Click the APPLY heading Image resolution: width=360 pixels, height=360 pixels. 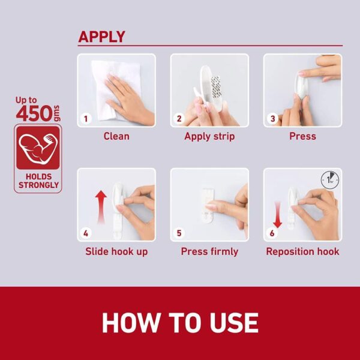point(102,37)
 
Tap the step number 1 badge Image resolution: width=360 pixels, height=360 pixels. point(86,119)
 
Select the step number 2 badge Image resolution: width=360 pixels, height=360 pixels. point(179,119)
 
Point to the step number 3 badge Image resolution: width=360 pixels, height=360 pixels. point(272,119)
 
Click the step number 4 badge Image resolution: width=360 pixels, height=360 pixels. point(86,233)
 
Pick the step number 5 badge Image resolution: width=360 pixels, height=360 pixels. point(179,233)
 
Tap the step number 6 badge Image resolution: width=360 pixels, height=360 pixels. point(272,233)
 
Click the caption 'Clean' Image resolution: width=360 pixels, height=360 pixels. point(116,136)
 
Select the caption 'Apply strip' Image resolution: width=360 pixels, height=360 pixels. point(209,137)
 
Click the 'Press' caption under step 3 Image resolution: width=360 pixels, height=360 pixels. point(302,136)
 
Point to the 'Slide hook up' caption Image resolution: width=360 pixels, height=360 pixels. point(116,251)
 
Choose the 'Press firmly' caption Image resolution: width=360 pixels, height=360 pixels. point(209,251)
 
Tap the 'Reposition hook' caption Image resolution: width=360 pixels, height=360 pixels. point(302,251)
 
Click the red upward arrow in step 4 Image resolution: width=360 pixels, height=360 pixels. point(101,207)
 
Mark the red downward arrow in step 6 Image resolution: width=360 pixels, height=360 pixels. point(278,215)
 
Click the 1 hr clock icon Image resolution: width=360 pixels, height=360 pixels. point(330,180)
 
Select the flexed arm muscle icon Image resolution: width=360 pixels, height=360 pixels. point(38,149)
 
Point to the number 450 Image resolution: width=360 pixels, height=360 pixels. point(34,113)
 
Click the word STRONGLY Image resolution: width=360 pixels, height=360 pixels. point(38,185)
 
